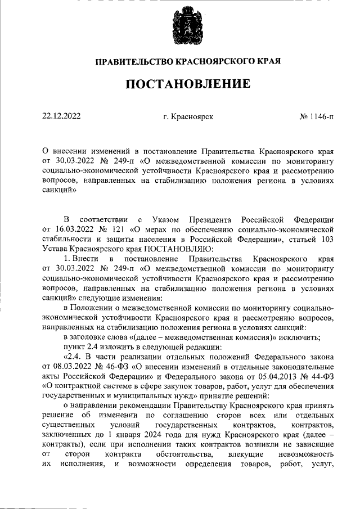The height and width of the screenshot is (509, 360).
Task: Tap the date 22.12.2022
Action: pos(62,117)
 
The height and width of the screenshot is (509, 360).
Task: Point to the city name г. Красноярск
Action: pos(188,117)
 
